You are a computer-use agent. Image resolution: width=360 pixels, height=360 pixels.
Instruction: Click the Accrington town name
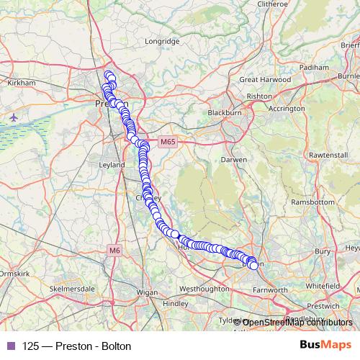(287, 108)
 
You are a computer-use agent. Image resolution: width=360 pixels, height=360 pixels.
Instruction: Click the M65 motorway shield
(167, 142)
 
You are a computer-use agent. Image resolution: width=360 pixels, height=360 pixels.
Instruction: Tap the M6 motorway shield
(114, 250)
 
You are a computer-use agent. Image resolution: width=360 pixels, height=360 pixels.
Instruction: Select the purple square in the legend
(10, 346)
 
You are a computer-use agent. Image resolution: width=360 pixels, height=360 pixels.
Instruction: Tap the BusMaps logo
(324, 345)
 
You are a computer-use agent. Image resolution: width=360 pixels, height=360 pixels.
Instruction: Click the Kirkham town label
(20, 83)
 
